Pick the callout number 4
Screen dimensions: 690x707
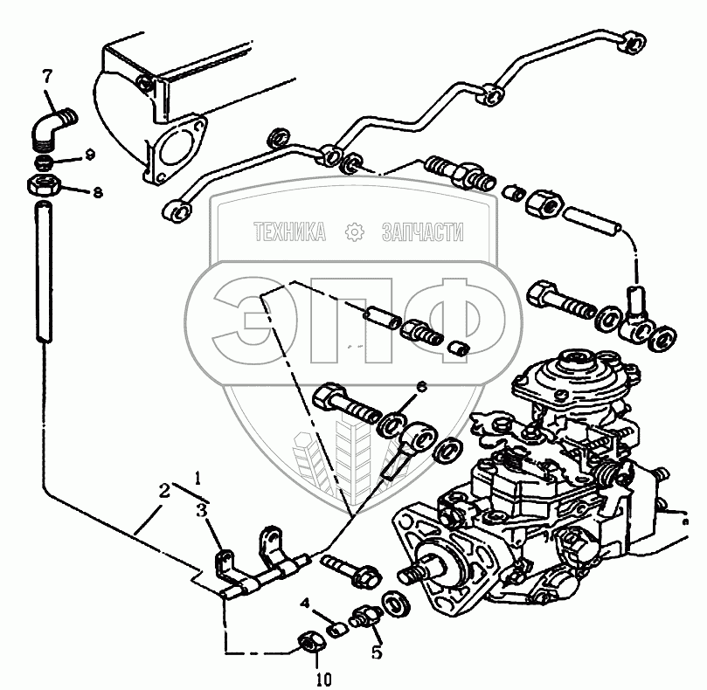tap(305, 603)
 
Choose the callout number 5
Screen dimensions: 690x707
tap(377, 650)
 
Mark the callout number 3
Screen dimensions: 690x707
tap(202, 512)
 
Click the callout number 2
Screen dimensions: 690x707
tap(163, 491)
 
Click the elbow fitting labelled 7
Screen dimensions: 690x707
tap(55, 128)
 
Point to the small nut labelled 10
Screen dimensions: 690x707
tap(307, 644)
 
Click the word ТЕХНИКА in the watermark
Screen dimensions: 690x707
tap(289, 231)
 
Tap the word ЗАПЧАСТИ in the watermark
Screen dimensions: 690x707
tap(422, 231)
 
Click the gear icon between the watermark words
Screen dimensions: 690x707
tap(354, 231)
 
